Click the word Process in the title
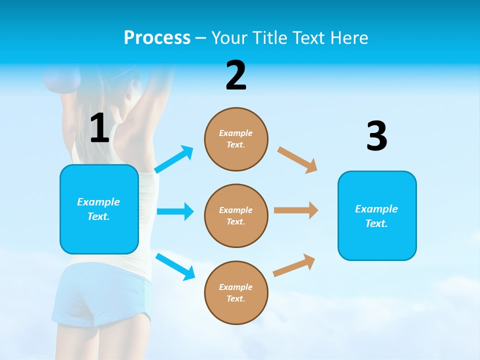157,37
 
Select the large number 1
99,128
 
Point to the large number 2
236,75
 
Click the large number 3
376,136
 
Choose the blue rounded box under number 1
99,209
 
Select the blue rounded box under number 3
377,215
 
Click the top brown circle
236,139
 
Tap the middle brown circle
236,215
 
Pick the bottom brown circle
236,292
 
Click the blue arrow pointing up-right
174,159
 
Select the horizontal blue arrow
175,211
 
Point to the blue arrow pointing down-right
175,266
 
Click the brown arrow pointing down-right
297,159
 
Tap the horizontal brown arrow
296,210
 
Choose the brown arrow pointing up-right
294,265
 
